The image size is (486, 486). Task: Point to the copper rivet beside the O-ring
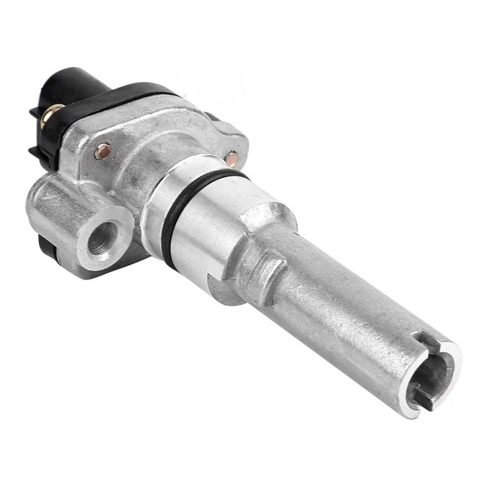pos(232,159)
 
